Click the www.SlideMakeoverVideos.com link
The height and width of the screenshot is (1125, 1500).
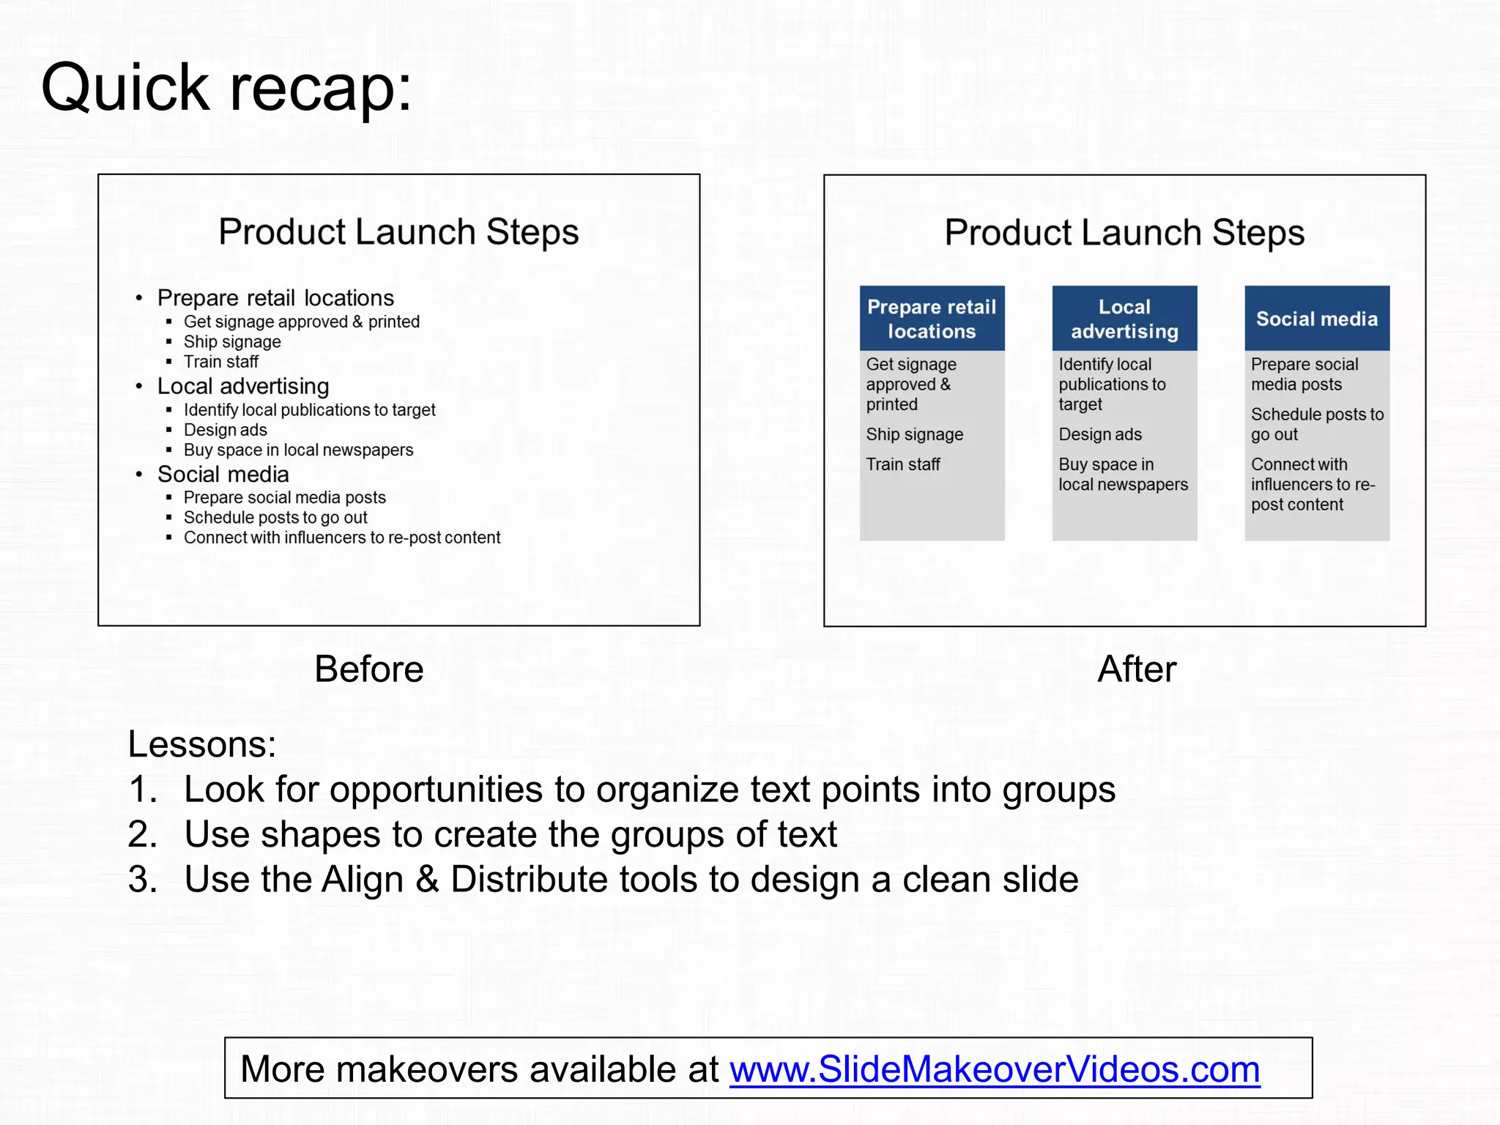994,1069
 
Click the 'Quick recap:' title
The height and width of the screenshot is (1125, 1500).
226,88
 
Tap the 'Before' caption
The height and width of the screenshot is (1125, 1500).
368,669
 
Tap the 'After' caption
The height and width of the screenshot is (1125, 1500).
1136,669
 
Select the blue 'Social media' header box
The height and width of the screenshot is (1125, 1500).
1316,319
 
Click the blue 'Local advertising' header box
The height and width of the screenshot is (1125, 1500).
1124,319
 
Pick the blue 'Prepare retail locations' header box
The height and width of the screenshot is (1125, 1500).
932,319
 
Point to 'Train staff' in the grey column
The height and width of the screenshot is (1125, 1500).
902,464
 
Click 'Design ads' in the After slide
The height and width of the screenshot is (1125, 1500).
1099,434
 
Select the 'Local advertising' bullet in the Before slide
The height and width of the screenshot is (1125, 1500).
243,386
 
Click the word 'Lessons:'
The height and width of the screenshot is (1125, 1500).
202,744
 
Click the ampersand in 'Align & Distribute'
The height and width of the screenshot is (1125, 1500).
427,879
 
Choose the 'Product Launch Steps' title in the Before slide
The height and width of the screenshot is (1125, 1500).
398,232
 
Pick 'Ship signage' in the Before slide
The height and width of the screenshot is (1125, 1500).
232,342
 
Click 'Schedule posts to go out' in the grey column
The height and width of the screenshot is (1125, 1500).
1316,424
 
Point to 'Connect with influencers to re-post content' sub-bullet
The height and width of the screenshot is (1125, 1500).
342,538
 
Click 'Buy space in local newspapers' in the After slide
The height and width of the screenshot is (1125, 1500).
1122,475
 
